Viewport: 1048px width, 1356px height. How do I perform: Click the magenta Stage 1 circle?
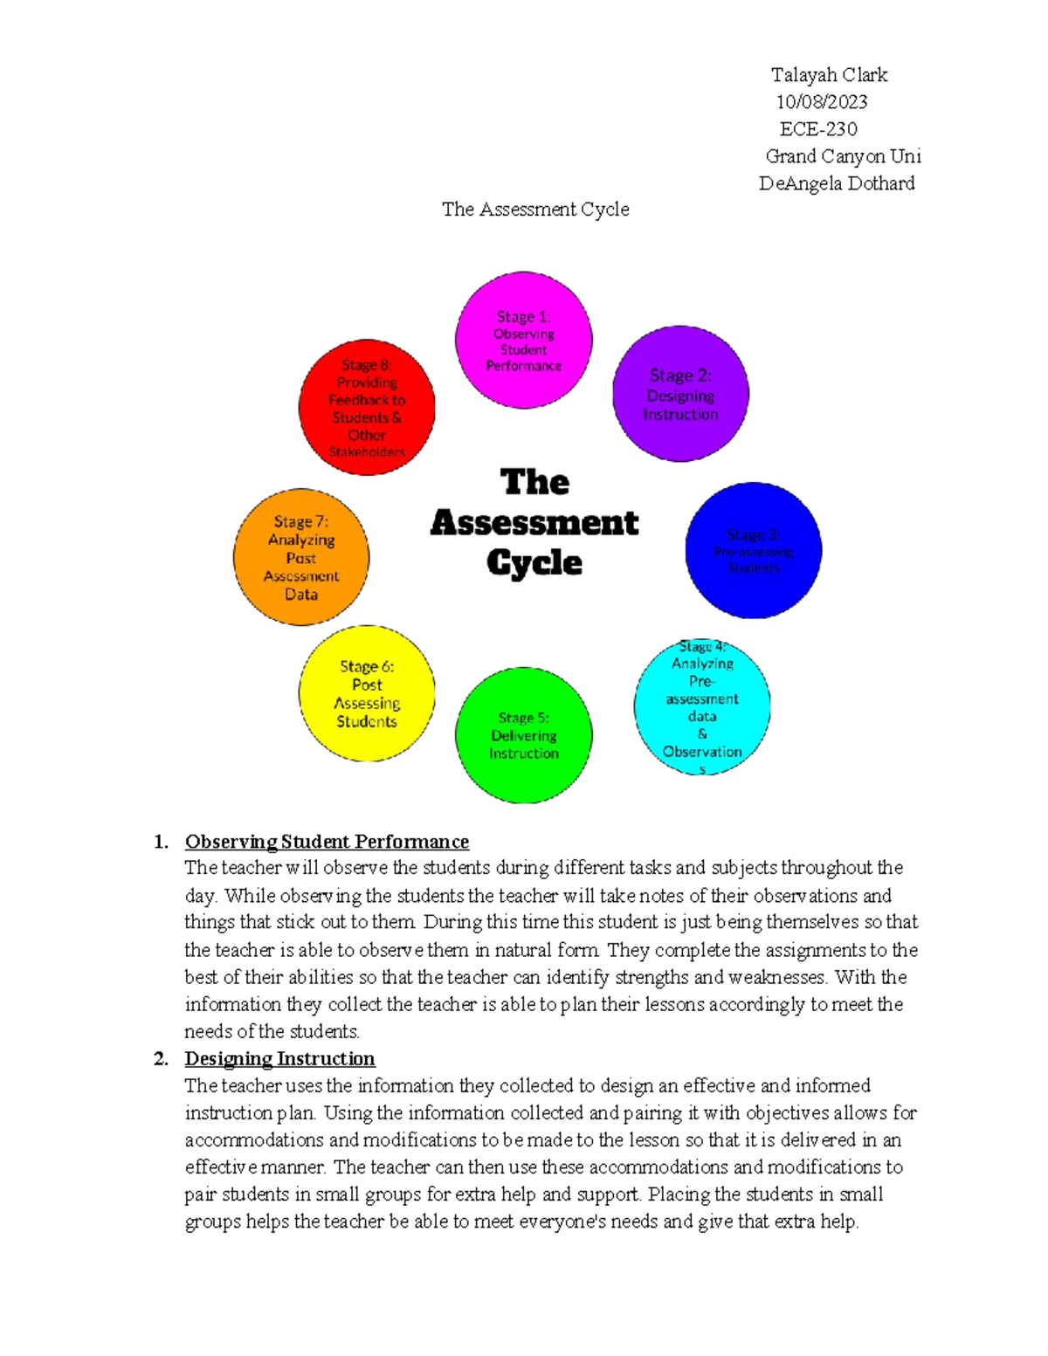pos(524,340)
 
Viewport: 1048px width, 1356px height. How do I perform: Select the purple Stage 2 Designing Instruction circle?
pos(680,394)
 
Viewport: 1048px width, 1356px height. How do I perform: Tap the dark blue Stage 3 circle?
pos(753,550)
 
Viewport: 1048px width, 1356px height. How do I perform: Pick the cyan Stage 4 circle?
pos(702,706)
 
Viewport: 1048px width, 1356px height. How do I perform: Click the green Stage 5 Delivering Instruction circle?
pos(524,735)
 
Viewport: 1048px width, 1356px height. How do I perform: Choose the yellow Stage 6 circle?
pos(367,693)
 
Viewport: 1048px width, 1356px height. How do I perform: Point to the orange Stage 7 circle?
pos(301,557)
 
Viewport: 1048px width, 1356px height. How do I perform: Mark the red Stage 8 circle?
pos(367,407)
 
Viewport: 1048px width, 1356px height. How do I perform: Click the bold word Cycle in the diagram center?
pos(534,562)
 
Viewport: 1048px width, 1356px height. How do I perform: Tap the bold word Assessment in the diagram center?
pos(534,522)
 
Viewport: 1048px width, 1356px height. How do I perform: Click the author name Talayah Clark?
pos(829,75)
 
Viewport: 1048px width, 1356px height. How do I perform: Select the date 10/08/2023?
pos(822,102)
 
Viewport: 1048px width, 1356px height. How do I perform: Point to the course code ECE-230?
pos(818,129)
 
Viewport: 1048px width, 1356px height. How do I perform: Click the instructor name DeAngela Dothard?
pos(837,183)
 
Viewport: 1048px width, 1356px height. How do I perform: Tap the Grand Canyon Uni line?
pos(843,156)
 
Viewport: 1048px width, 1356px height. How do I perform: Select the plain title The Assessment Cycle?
pos(535,210)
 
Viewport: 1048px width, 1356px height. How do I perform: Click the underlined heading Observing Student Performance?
pos(327,842)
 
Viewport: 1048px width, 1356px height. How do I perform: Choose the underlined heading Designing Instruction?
pos(279,1059)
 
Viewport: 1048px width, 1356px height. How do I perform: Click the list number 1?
pos(161,842)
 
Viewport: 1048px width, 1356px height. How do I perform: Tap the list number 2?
pos(161,1059)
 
